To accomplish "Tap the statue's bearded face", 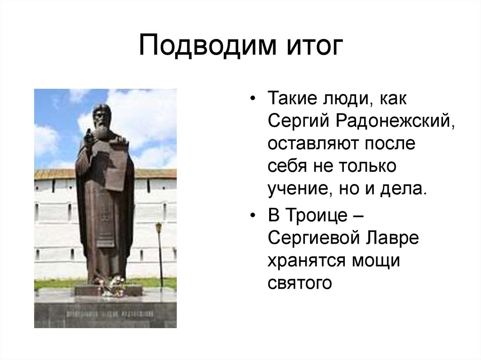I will tap(102, 119).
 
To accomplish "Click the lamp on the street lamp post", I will tap(159, 227).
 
